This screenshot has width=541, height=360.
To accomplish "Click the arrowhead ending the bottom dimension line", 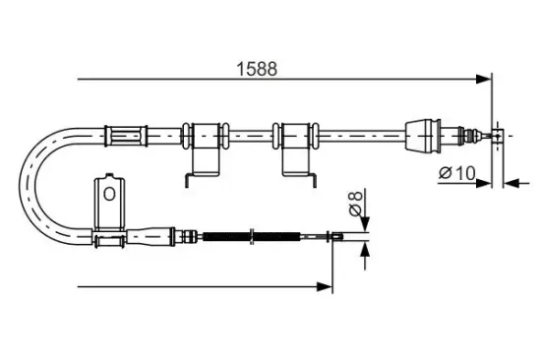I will coord(325,287).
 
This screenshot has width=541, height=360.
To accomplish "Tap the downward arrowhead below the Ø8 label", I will coord(365,226).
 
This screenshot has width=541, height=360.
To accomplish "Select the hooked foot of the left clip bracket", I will coord(187,178).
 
